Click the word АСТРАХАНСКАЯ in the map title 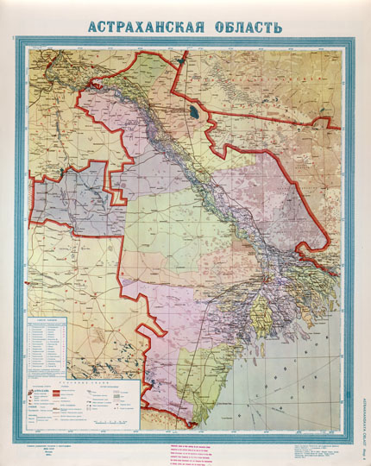(x=142, y=26)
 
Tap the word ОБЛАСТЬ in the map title (x=244, y=26)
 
